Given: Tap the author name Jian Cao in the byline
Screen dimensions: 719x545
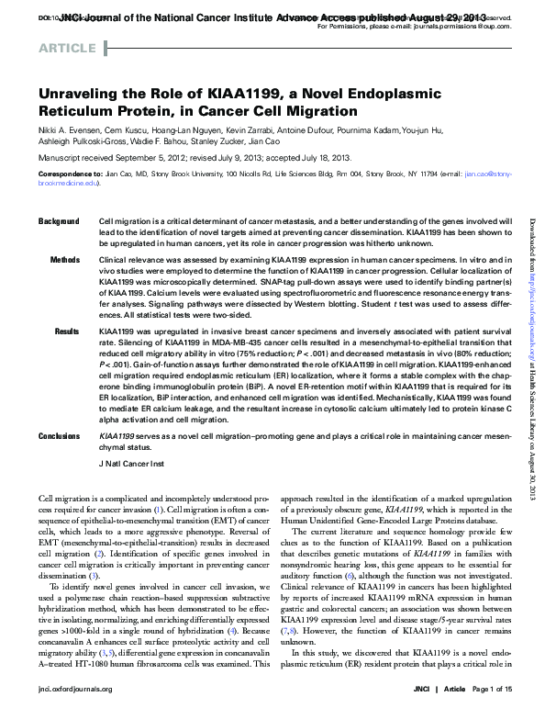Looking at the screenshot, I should tap(264, 142).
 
